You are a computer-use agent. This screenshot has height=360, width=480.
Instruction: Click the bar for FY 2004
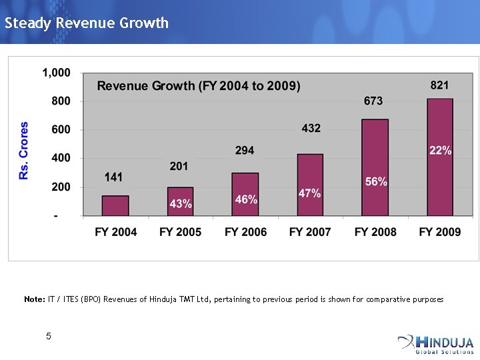click(115, 205)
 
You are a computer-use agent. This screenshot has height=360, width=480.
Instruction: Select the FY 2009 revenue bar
click(439, 180)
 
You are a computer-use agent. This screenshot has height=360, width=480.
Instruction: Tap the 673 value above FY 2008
click(373, 101)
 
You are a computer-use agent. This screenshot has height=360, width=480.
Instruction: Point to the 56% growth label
click(376, 181)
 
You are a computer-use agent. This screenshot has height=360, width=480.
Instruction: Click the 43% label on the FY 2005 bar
click(181, 204)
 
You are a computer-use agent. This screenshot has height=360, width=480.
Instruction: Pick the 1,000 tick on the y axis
click(57, 72)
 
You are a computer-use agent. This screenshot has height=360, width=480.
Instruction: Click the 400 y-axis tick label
click(61, 158)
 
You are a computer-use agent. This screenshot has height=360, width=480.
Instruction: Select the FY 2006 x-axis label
click(245, 232)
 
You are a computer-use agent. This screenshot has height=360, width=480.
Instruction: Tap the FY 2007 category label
click(310, 232)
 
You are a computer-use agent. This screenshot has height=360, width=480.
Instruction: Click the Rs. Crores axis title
click(25, 150)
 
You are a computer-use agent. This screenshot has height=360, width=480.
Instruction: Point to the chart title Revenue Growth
click(199, 86)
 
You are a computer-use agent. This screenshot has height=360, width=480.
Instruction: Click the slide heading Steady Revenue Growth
click(87, 23)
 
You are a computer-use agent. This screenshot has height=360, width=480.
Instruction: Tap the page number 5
click(49, 337)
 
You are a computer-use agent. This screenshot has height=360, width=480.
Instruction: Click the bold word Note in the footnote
click(34, 299)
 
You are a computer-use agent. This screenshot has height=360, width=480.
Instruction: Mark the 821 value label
click(439, 85)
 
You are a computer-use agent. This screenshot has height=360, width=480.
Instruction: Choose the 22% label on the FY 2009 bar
click(440, 151)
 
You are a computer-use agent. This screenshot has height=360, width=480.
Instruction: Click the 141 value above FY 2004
click(114, 177)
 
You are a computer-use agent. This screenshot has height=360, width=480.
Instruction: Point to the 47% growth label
click(310, 193)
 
